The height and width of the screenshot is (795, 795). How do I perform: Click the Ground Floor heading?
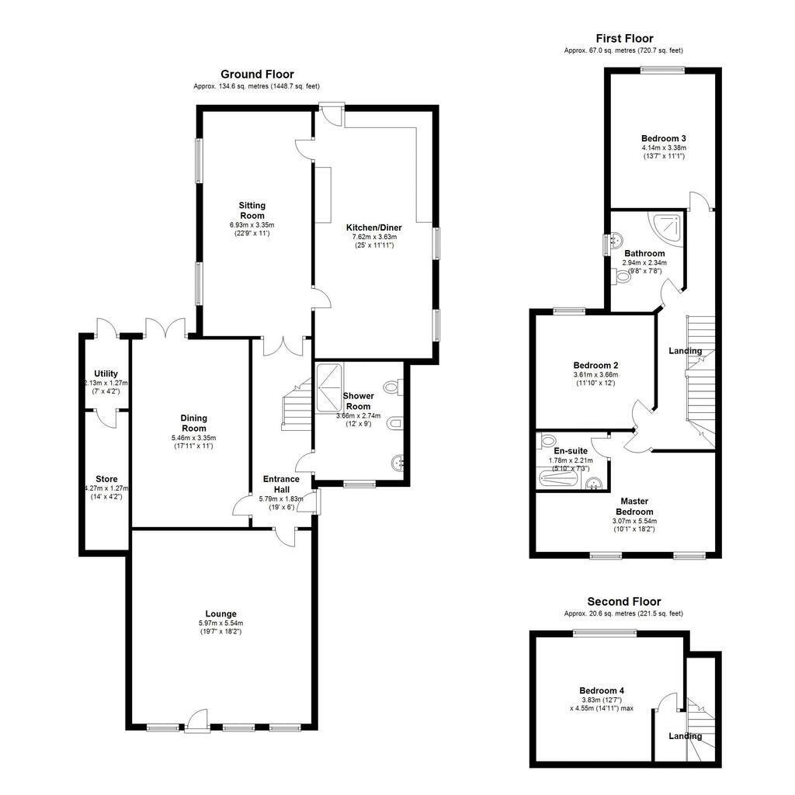pyautogui.click(x=257, y=75)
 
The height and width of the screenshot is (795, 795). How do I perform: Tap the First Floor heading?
pyautogui.click(x=624, y=38)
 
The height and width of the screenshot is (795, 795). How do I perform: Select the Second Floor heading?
pyautogui.click(x=624, y=602)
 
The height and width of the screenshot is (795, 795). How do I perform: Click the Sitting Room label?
pyautogui.click(x=252, y=210)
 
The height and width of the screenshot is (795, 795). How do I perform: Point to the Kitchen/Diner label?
pyautogui.click(x=374, y=227)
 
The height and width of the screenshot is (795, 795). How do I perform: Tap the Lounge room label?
pyautogui.click(x=221, y=613)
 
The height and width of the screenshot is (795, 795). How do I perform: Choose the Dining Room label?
pyautogui.click(x=194, y=423)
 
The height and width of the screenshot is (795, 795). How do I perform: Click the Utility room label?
pyautogui.click(x=106, y=373)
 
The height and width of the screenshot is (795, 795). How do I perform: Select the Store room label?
pyautogui.click(x=106, y=479)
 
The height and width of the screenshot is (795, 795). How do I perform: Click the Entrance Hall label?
pyautogui.click(x=281, y=484)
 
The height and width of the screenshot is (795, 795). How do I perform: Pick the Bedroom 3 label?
pyautogui.click(x=663, y=138)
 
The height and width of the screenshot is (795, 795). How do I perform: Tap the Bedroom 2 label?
pyautogui.click(x=595, y=365)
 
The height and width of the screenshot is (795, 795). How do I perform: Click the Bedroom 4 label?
pyautogui.click(x=601, y=690)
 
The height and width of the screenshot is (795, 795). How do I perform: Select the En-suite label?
pyautogui.click(x=571, y=450)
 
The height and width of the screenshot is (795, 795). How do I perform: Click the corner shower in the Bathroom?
pyautogui.click(x=668, y=225)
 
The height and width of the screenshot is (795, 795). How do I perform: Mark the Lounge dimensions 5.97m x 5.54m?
pyautogui.click(x=221, y=623)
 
